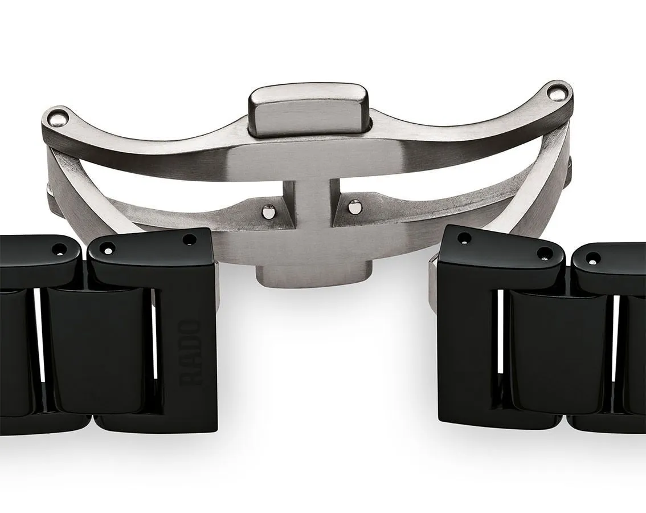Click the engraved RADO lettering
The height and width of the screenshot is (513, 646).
190,353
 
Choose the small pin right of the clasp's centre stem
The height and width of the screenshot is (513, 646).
354,206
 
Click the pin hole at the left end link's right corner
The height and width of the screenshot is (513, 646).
190,239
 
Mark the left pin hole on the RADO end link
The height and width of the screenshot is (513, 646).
108,250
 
